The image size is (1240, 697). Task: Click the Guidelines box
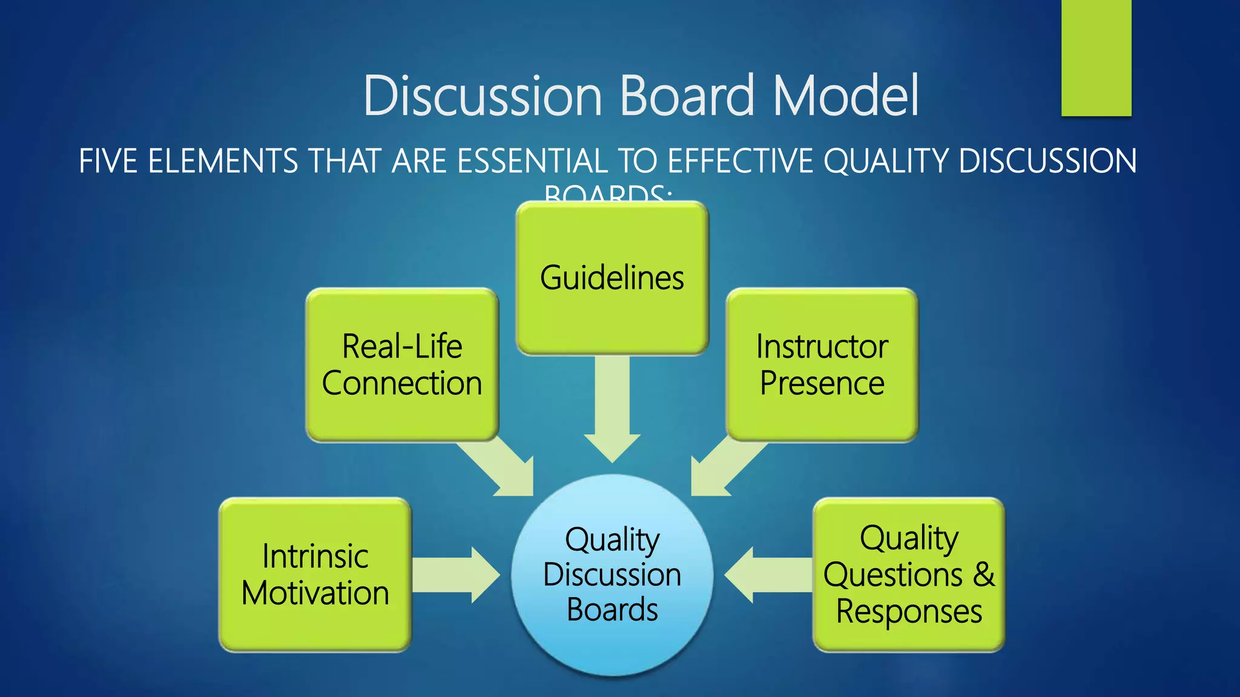click(x=612, y=278)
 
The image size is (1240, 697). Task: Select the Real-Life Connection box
click(x=402, y=365)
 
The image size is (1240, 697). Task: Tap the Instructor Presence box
click(x=822, y=365)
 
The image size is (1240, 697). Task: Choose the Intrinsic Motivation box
click(x=315, y=575)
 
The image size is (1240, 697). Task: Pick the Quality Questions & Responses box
click(x=908, y=575)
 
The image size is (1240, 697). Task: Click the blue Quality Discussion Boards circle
click(x=612, y=575)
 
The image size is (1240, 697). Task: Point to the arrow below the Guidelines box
click(x=612, y=411)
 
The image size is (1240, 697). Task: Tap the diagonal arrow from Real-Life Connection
click(x=500, y=469)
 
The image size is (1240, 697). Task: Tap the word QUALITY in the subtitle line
click(x=886, y=162)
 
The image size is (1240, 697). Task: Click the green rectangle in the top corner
click(x=1096, y=57)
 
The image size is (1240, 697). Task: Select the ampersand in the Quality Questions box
click(x=983, y=574)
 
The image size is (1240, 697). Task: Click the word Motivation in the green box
click(x=315, y=593)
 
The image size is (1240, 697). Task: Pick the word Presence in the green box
click(x=822, y=384)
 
